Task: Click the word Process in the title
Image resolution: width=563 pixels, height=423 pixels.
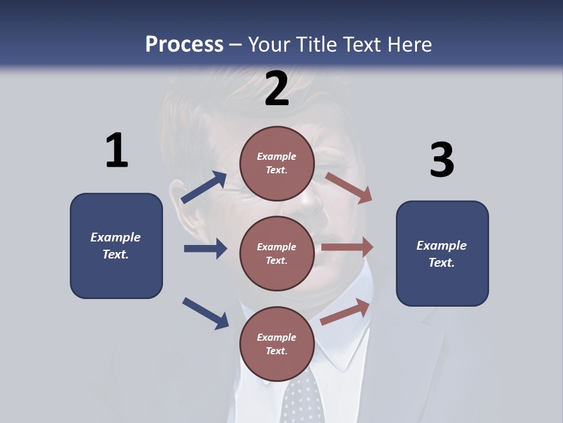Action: [184, 44]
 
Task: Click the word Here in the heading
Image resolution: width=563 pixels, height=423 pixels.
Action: [409, 44]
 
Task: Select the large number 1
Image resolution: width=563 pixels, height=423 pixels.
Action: [117, 151]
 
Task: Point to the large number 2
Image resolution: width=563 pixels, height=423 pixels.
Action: [277, 89]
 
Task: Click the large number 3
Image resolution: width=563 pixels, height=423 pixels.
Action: [442, 160]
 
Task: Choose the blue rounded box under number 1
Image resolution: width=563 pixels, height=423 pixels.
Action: [116, 246]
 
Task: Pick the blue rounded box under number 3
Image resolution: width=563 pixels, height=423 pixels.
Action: [442, 254]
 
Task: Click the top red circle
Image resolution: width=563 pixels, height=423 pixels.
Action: [277, 163]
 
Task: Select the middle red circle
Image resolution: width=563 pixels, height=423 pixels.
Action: [277, 253]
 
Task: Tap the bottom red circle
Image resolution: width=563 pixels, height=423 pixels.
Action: [277, 344]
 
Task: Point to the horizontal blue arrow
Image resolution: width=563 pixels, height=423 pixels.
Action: [205, 249]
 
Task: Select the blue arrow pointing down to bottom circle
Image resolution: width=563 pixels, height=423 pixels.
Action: [205, 313]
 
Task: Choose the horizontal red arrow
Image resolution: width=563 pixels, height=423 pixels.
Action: [347, 247]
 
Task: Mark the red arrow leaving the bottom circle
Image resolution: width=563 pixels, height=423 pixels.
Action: [345, 312]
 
